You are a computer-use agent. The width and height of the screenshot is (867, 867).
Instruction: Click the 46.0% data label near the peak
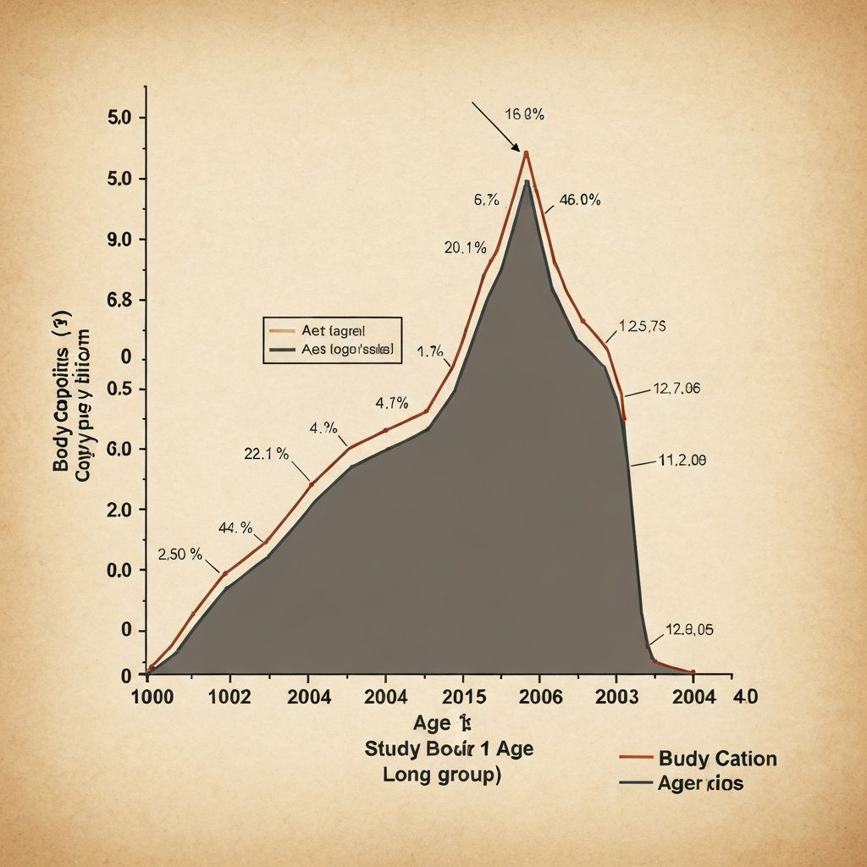(x=580, y=201)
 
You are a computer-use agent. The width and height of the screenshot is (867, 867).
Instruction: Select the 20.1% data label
(x=465, y=248)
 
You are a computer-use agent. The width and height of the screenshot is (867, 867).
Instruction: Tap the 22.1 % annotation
(x=266, y=454)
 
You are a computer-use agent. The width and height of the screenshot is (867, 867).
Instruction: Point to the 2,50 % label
(x=179, y=555)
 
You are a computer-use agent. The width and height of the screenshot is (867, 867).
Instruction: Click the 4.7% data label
(x=392, y=402)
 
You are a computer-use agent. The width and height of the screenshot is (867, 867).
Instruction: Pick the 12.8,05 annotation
(x=689, y=629)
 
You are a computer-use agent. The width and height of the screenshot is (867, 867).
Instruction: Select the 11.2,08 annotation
(x=682, y=461)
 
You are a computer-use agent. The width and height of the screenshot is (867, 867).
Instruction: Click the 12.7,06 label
(x=676, y=389)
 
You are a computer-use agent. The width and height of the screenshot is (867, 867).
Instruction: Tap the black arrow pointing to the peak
(x=494, y=127)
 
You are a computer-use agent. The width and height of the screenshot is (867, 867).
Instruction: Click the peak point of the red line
(x=527, y=153)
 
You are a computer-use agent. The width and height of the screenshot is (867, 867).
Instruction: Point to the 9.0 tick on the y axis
(x=123, y=240)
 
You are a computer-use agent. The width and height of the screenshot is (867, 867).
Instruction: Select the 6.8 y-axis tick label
(x=123, y=301)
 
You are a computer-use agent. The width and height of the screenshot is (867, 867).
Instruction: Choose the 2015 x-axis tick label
(x=463, y=697)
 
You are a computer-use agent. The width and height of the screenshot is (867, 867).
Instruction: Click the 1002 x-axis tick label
(x=229, y=697)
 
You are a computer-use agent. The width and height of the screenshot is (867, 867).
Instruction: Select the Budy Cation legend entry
(x=717, y=758)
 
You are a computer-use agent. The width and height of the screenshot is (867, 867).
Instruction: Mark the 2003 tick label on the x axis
(x=617, y=697)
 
